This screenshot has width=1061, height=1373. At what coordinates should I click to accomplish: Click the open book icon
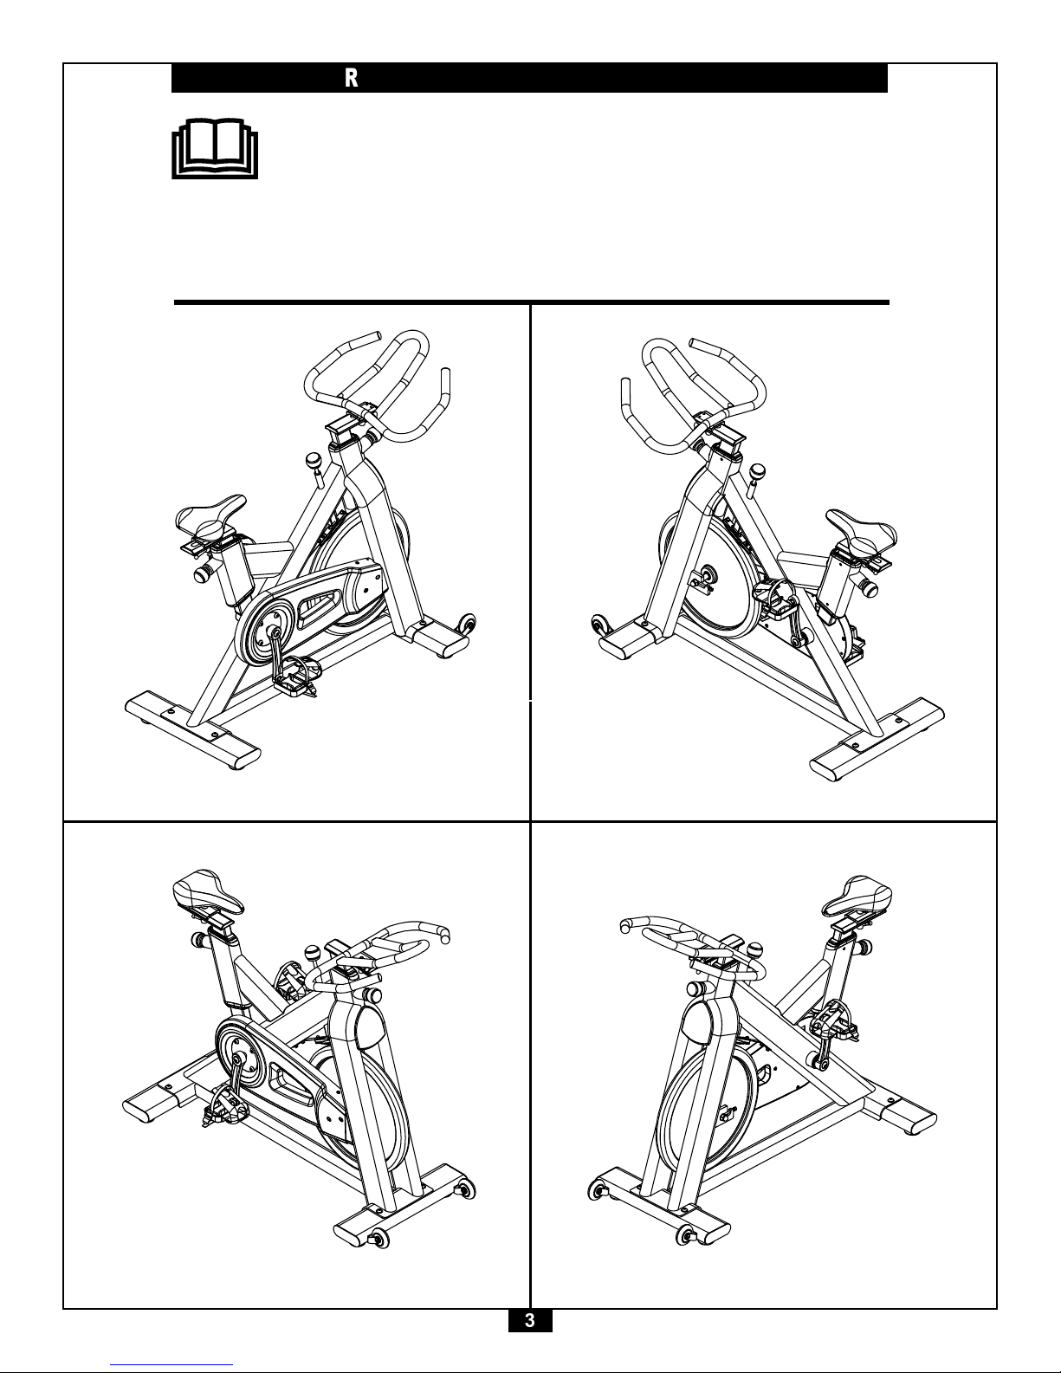coord(215,148)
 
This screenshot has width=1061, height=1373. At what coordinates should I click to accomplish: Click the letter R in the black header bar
coord(351,78)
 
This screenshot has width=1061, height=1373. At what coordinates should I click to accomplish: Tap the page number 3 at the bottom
coord(530,1320)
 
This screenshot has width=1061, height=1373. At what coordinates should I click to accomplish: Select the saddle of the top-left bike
coord(211,517)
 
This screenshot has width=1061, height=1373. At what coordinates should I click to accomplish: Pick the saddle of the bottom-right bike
coord(857,896)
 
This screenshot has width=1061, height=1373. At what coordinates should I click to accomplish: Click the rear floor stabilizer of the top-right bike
coord(878,739)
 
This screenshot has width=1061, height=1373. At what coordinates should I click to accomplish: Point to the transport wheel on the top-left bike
coord(468,624)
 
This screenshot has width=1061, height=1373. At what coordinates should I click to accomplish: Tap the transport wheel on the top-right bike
coord(600,625)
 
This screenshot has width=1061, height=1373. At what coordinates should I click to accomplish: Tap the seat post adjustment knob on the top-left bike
coord(204,573)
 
